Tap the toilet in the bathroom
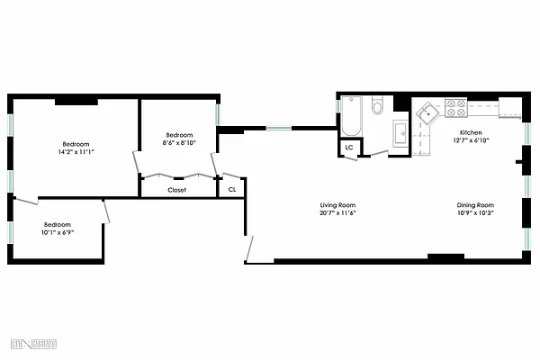[377, 107]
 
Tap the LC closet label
[348, 148]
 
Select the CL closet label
[232, 189]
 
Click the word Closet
[177, 190]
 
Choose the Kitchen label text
[472, 132]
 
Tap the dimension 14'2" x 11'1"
[76, 152]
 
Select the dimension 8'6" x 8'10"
[177, 142]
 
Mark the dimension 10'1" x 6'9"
[57, 232]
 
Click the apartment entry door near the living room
[253, 249]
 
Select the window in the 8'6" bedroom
[218, 116]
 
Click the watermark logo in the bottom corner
[34, 345]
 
